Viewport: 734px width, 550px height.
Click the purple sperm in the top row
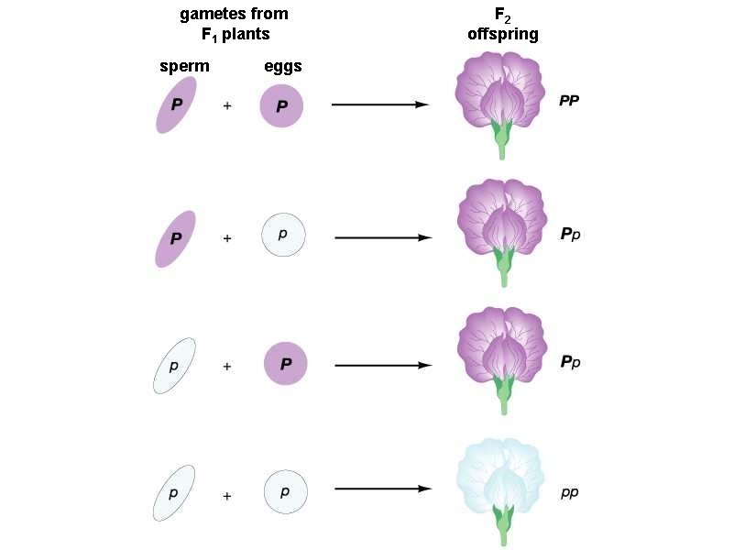[176, 105]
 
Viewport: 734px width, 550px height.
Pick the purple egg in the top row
[282, 105]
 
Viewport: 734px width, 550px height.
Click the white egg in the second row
[283, 236]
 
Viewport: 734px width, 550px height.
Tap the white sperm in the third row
[174, 365]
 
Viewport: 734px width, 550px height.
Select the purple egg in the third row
[286, 365]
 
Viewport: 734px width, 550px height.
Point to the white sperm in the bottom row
[173, 492]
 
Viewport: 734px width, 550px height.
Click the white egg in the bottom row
[285, 492]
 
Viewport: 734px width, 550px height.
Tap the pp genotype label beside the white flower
[569, 492]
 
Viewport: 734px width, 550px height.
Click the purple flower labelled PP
[500, 101]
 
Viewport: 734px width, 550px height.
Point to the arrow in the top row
[379, 104]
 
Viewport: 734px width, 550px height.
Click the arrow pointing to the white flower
[382, 489]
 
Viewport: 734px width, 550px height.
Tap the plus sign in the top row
[227, 105]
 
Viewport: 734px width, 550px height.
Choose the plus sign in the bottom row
[227, 496]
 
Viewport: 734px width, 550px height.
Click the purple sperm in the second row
[175, 238]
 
